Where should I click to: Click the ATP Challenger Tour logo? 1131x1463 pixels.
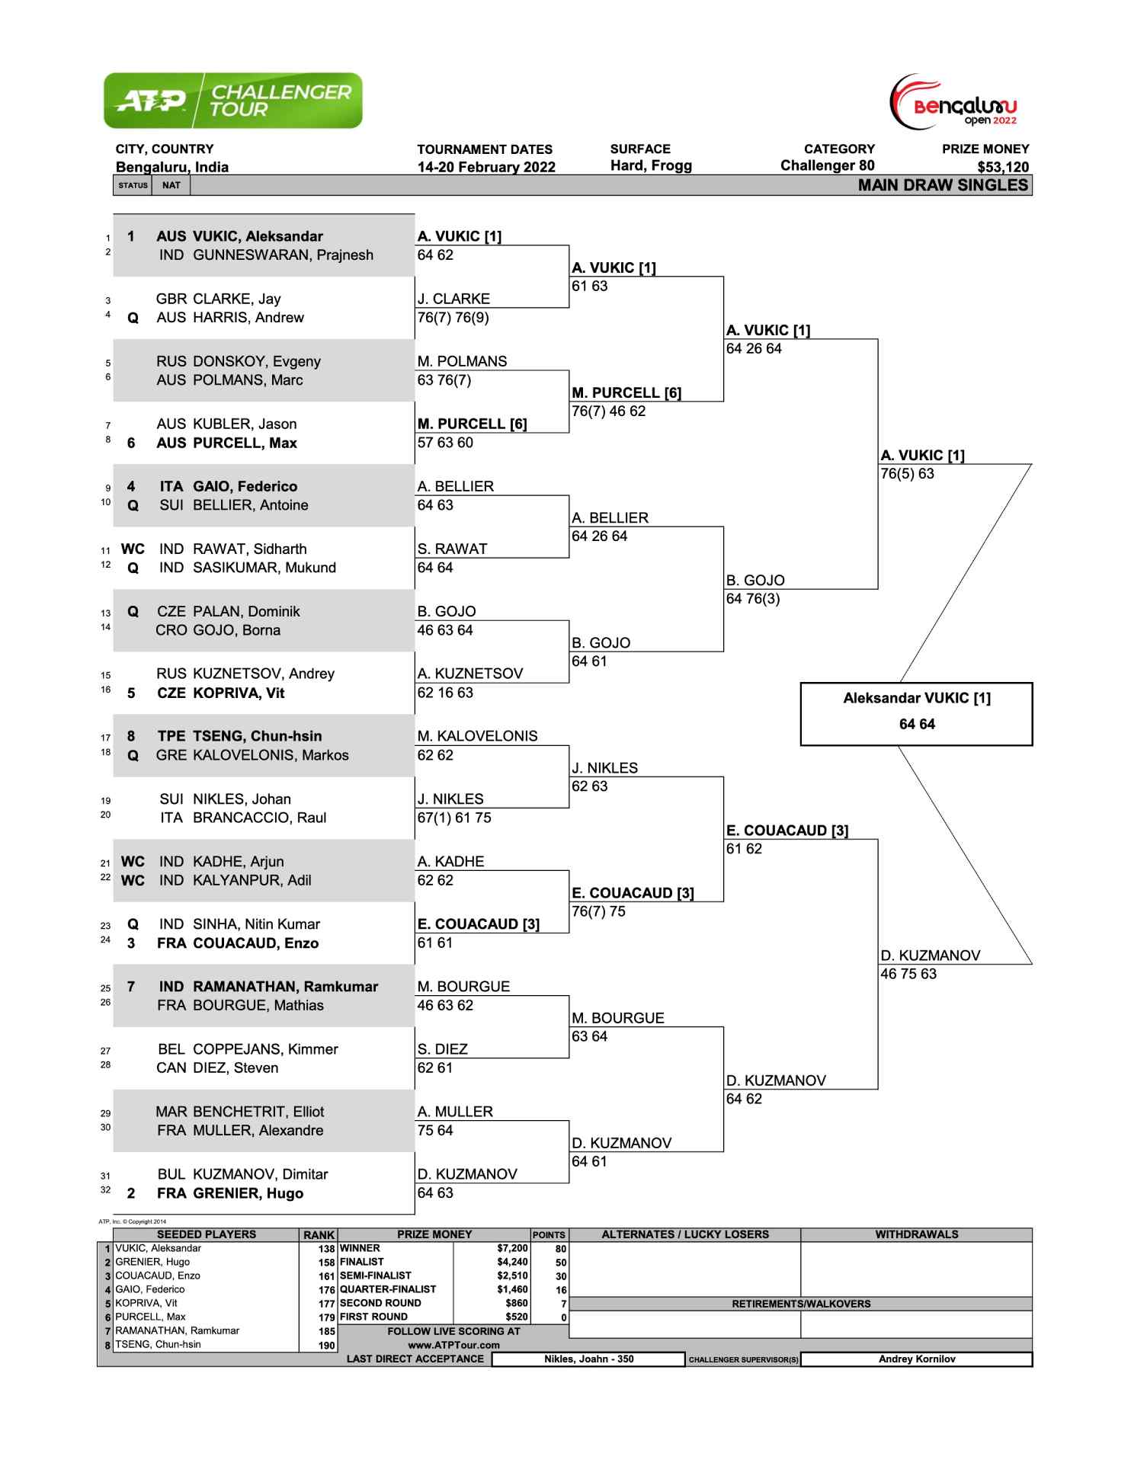[x=233, y=101]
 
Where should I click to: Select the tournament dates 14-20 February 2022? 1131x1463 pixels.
[x=486, y=167]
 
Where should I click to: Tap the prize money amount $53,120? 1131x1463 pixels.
[x=1002, y=167]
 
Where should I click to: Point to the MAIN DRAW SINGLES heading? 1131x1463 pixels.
[x=943, y=185]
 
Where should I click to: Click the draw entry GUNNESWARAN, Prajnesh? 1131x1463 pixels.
[x=283, y=255]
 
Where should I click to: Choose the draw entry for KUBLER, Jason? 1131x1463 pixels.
[x=245, y=424]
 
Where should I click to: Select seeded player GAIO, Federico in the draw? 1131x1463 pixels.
[x=245, y=486]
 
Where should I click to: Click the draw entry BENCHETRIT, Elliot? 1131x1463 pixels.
[x=258, y=1112]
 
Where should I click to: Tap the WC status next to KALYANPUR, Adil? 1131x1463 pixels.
[x=133, y=880]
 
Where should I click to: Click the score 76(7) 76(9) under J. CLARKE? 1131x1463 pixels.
[x=453, y=318]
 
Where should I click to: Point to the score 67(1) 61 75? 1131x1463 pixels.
[x=454, y=818]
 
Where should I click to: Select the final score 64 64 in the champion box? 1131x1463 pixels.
[x=917, y=724]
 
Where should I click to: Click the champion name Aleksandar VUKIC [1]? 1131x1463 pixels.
[x=917, y=698]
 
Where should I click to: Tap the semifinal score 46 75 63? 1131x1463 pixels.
[x=908, y=974]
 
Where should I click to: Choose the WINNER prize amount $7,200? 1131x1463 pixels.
[x=512, y=1248]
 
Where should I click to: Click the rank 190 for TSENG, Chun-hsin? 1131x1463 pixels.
[x=327, y=1345]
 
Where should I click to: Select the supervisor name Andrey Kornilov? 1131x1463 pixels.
[x=917, y=1359]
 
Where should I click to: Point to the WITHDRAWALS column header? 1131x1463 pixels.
[x=917, y=1234]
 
